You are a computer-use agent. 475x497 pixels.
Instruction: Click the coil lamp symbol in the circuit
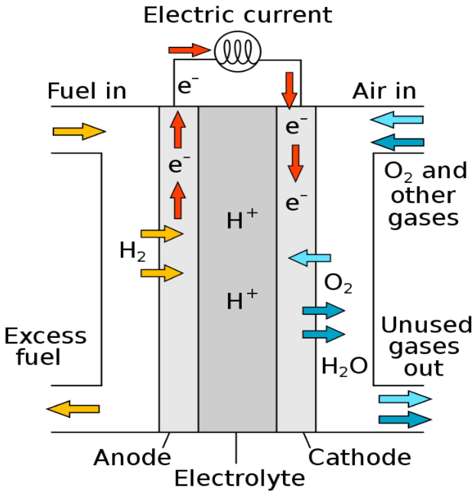[237, 51]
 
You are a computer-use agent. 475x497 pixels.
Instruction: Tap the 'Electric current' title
[237, 15]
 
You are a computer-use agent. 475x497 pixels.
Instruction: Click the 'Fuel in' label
[87, 91]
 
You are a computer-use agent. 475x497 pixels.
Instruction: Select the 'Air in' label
[384, 91]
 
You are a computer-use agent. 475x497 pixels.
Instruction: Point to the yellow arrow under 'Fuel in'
[79, 132]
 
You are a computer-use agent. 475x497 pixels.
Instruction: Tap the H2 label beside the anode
[132, 251]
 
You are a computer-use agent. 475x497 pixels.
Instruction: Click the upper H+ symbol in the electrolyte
[242, 219]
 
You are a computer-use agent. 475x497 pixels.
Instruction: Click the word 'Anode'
[132, 457]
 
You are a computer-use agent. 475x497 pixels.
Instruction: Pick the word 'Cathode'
[359, 457]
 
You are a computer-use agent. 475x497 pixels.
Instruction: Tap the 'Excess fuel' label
[46, 347]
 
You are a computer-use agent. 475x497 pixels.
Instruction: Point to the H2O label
[344, 367]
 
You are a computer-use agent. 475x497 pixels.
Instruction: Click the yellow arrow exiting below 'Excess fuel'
[73, 409]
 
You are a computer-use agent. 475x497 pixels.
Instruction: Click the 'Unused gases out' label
[426, 347]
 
